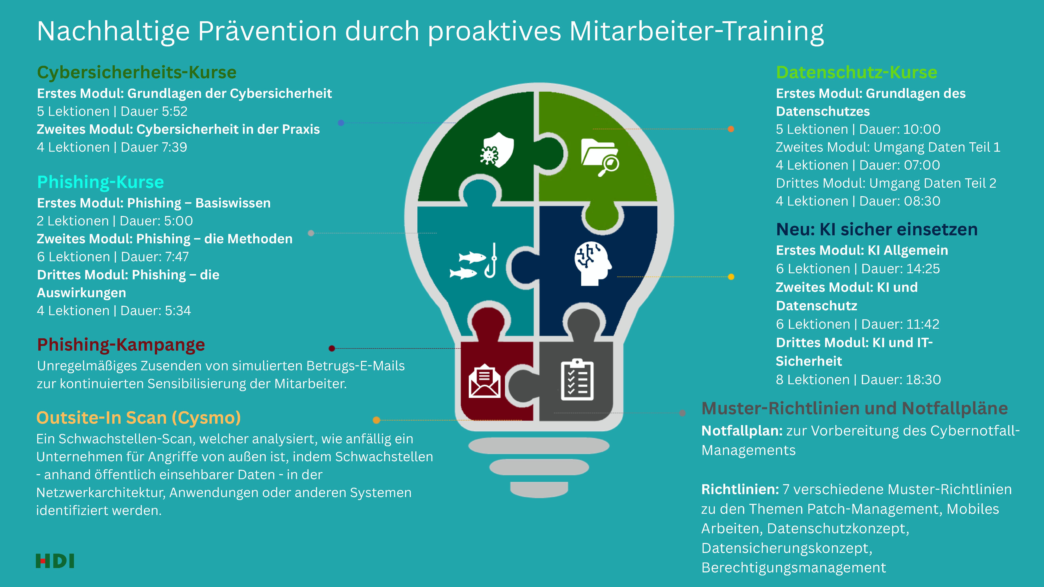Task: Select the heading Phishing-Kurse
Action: coord(100,182)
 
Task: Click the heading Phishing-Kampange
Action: coord(121,345)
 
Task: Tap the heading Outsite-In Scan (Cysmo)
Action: coord(139,418)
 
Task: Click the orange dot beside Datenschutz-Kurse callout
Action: coord(731,129)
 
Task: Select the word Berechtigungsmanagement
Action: coord(794,568)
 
